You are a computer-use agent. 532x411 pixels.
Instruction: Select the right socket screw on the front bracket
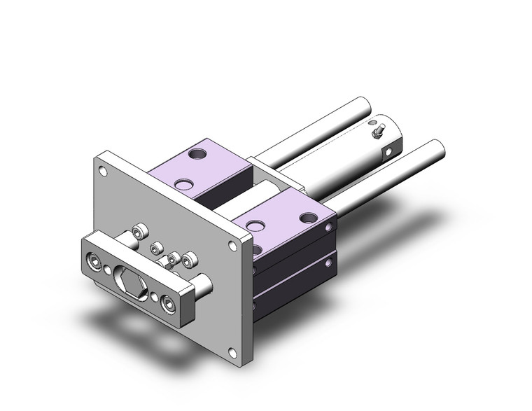click(x=168, y=303)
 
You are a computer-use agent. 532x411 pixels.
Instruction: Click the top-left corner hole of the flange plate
click(x=104, y=169)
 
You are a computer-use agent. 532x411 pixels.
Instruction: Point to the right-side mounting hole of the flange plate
click(x=231, y=246)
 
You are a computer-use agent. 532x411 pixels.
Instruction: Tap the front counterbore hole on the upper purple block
click(x=183, y=185)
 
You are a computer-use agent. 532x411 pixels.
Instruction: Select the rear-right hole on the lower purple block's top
click(x=307, y=218)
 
